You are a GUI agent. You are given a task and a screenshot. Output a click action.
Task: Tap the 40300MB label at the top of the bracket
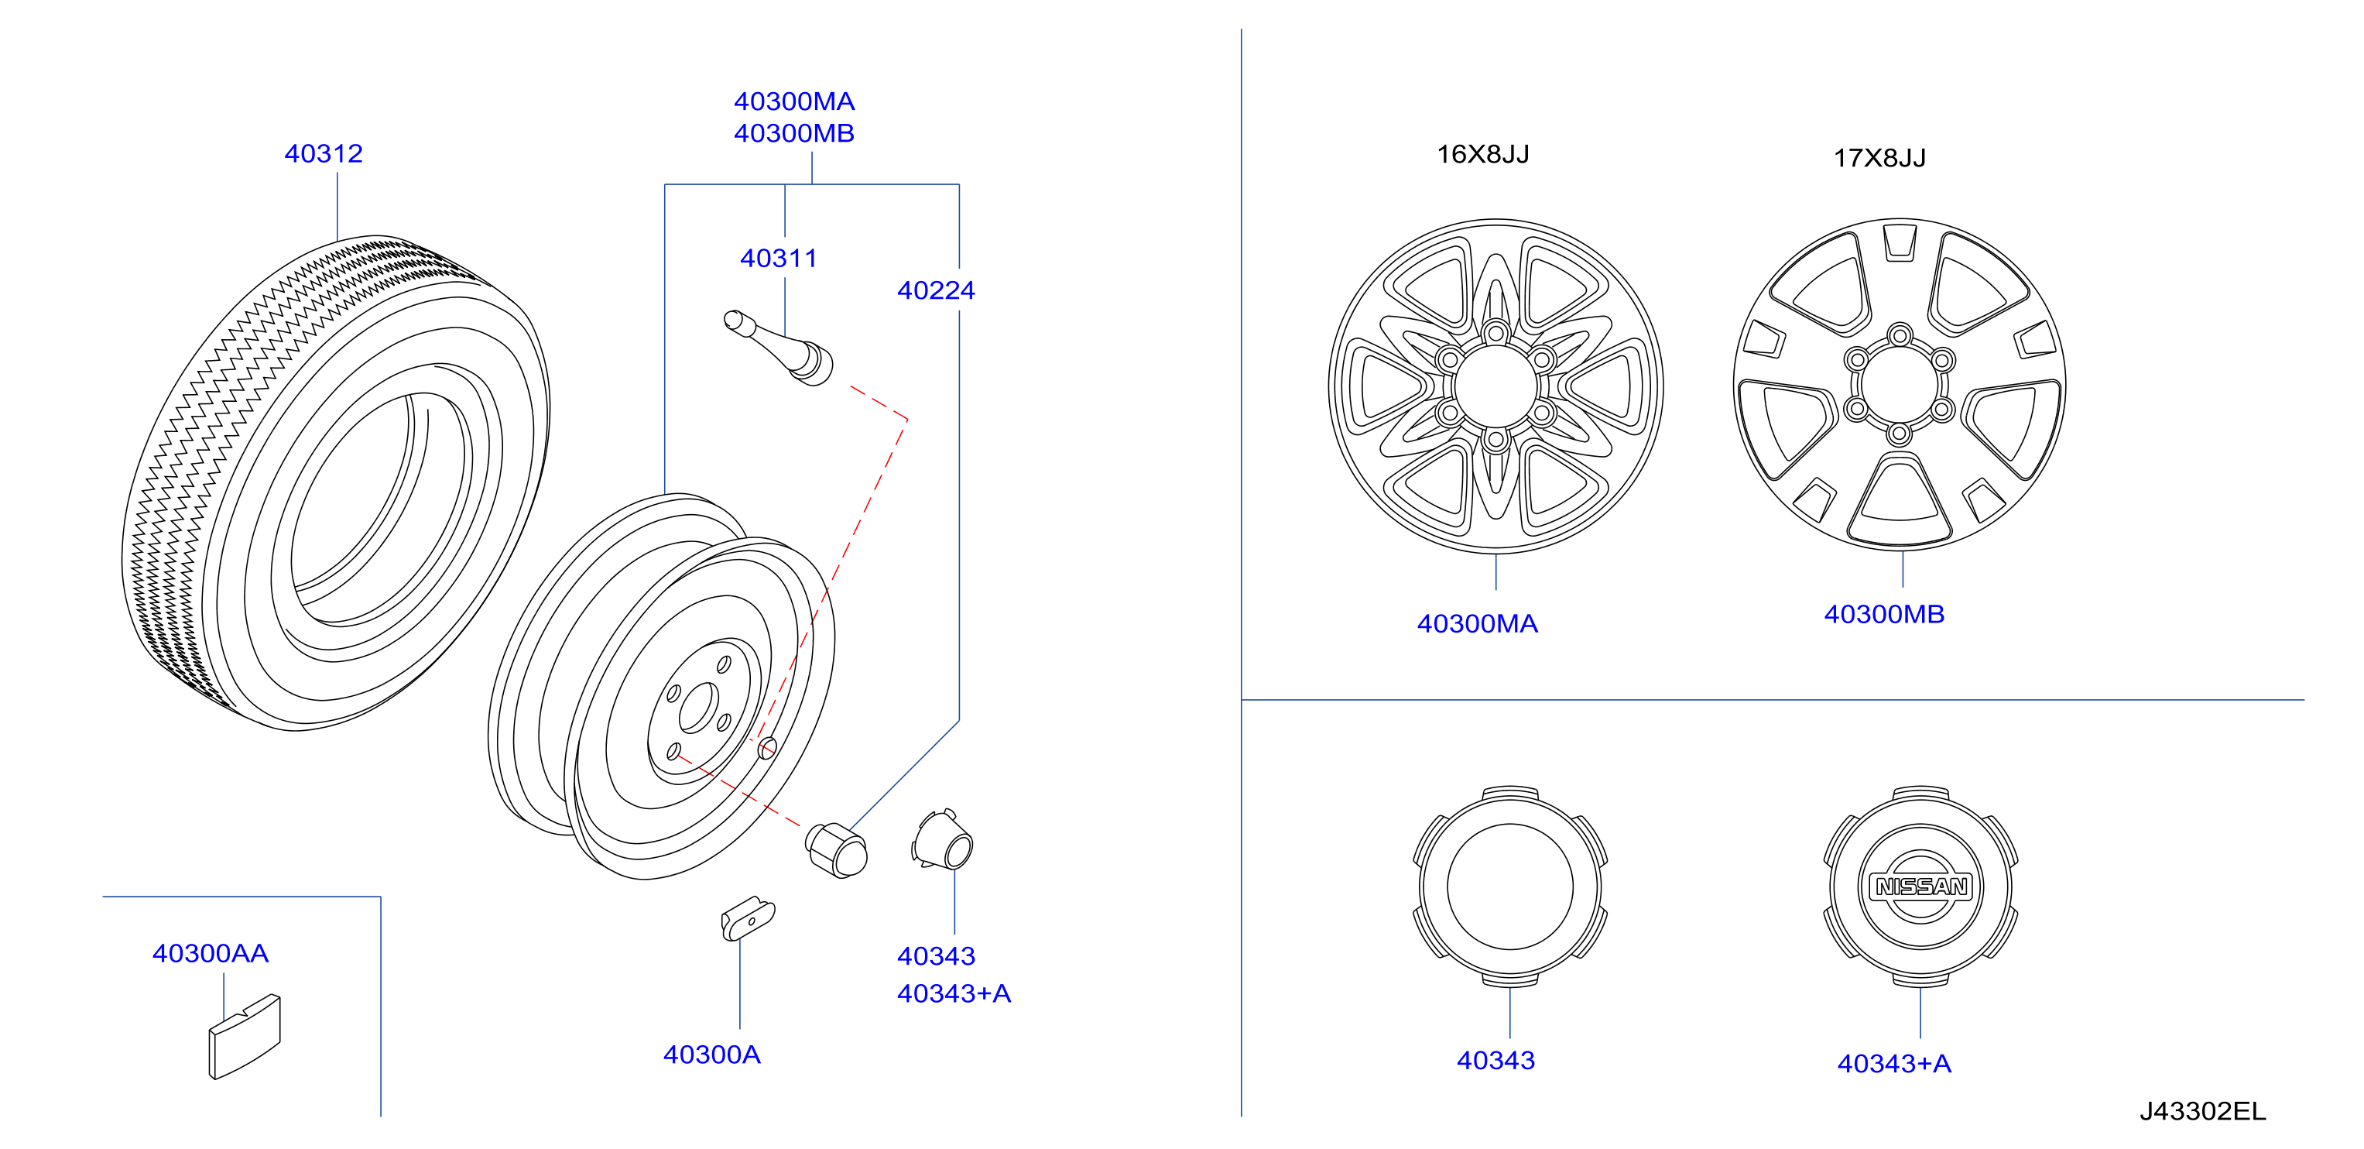(x=794, y=133)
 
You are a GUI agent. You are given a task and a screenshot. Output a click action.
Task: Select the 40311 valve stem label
(x=778, y=258)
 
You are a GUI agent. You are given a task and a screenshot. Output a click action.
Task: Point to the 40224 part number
(x=936, y=290)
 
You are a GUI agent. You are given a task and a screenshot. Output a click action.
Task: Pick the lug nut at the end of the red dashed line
(x=836, y=850)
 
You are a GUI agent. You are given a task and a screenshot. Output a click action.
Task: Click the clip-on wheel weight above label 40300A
(x=748, y=918)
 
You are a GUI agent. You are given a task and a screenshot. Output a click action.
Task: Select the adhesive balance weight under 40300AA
(x=244, y=1036)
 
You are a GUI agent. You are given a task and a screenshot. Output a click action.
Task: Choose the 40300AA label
(x=210, y=954)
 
